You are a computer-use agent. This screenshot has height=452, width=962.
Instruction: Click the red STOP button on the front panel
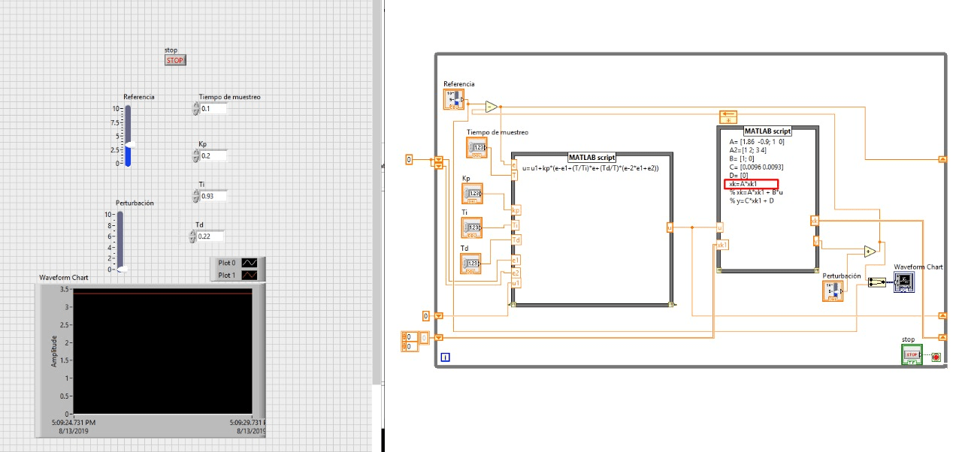click(x=174, y=60)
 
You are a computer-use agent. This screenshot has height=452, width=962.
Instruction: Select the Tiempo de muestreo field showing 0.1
click(x=213, y=109)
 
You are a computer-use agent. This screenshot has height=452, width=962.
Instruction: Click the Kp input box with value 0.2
click(x=213, y=156)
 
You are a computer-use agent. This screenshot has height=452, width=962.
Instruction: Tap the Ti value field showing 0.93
click(x=213, y=196)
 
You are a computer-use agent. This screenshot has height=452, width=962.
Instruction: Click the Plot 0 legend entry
click(x=237, y=263)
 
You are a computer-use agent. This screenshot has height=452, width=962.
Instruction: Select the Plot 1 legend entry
click(x=237, y=276)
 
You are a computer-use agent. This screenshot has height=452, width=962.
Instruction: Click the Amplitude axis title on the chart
click(x=54, y=351)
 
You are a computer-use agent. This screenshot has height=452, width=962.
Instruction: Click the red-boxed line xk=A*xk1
click(x=751, y=184)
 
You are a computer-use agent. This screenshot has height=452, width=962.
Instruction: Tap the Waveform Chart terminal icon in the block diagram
click(x=903, y=282)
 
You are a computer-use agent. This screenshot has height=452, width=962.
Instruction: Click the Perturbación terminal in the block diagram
click(x=833, y=291)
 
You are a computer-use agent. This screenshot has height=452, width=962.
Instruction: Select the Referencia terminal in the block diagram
click(x=453, y=98)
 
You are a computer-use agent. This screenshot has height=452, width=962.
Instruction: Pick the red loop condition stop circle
click(x=936, y=357)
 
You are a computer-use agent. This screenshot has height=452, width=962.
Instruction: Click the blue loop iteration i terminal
click(x=446, y=357)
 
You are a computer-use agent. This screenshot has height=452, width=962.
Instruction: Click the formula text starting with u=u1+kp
click(x=590, y=167)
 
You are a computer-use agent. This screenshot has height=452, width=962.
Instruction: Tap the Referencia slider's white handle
click(x=129, y=143)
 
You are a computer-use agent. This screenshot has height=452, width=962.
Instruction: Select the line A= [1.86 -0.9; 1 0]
click(x=763, y=141)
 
